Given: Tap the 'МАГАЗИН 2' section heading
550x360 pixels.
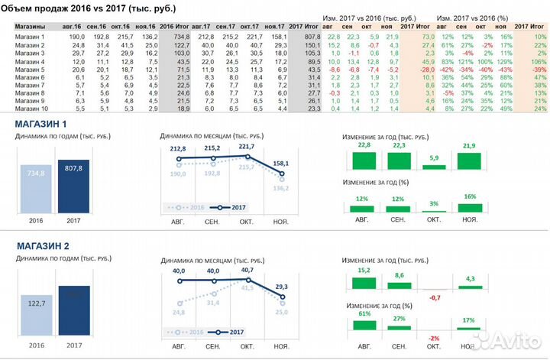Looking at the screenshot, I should (42, 247).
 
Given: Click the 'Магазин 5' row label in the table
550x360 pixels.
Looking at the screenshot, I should (30, 70).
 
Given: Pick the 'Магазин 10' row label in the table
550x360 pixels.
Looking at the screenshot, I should (31, 109).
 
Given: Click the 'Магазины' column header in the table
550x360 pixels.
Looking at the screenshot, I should (30, 27).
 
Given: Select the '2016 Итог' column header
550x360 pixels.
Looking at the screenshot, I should (174, 27).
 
